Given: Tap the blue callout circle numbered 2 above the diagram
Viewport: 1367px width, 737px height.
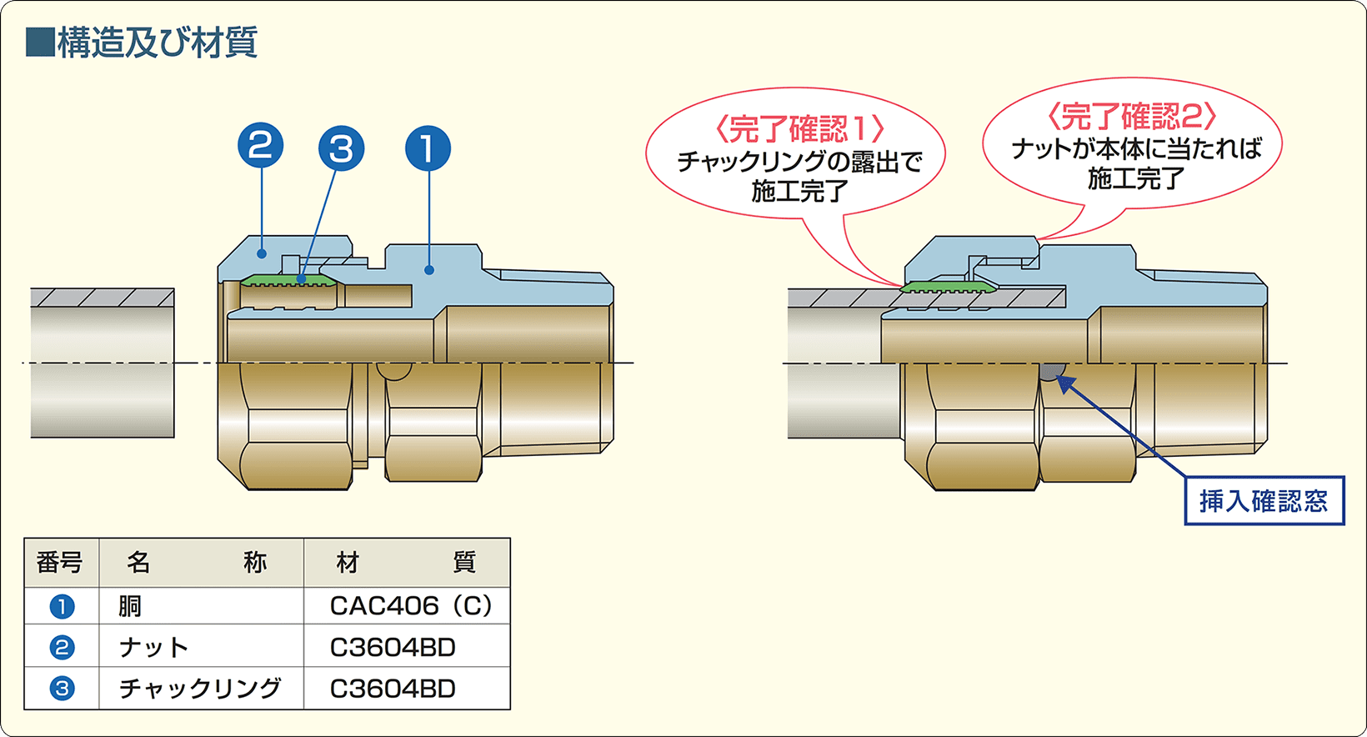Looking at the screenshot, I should [261, 146].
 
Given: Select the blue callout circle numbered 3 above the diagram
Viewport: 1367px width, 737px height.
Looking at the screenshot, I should [342, 149].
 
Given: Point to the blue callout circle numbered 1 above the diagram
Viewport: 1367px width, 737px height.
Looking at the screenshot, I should [428, 149].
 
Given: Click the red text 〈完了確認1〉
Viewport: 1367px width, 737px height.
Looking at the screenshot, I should [799, 129].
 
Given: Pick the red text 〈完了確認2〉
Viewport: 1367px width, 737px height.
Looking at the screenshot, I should [1132, 117].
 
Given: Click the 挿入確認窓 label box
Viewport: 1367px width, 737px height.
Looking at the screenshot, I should [1264, 500].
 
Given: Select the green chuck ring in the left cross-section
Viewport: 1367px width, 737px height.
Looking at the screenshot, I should [288, 278].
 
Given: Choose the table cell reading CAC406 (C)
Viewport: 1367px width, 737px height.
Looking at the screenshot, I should [410, 605].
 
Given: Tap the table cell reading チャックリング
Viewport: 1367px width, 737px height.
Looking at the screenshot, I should [200, 689].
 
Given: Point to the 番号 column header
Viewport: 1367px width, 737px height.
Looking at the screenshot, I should [60, 563].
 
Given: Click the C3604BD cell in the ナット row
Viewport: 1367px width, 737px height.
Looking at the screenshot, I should [393, 647].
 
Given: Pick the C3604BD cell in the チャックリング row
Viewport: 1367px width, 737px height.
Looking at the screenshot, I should [393, 689].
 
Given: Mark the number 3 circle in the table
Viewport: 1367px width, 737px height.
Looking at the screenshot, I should [62, 689].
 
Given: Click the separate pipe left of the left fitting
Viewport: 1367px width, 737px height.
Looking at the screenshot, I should [103, 363].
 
